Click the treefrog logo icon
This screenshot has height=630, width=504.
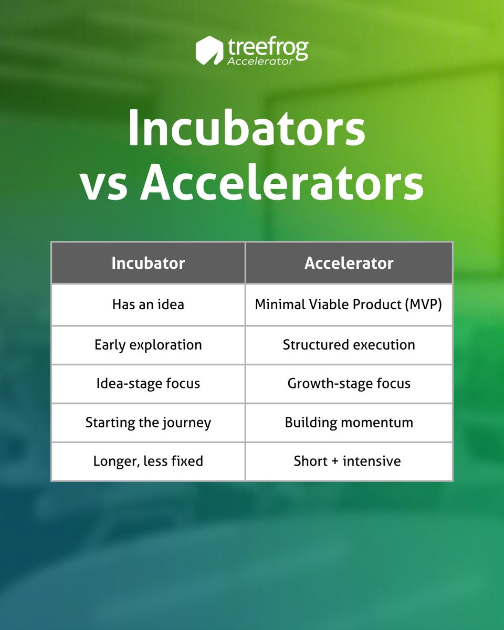[x=210, y=50]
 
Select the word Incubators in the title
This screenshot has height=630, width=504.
[x=246, y=129]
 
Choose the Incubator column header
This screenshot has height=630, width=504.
[x=148, y=263]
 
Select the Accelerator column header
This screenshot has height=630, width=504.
[x=349, y=263]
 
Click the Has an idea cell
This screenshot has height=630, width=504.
[x=148, y=304]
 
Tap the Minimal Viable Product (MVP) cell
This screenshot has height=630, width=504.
[x=349, y=304]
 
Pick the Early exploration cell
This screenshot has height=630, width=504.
[x=148, y=345]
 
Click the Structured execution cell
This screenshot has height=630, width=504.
[x=349, y=345]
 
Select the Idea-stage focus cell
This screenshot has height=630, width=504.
[x=148, y=384]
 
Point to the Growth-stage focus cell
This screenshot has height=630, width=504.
[x=349, y=384]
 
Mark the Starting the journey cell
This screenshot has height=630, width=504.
[x=148, y=423]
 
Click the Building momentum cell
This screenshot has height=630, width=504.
[x=349, y=423]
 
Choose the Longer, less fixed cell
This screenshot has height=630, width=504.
[x=148, y=461]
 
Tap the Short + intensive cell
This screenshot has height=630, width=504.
[x=349, y=461]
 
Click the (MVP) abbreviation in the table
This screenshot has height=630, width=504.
[x=425, y=305]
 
